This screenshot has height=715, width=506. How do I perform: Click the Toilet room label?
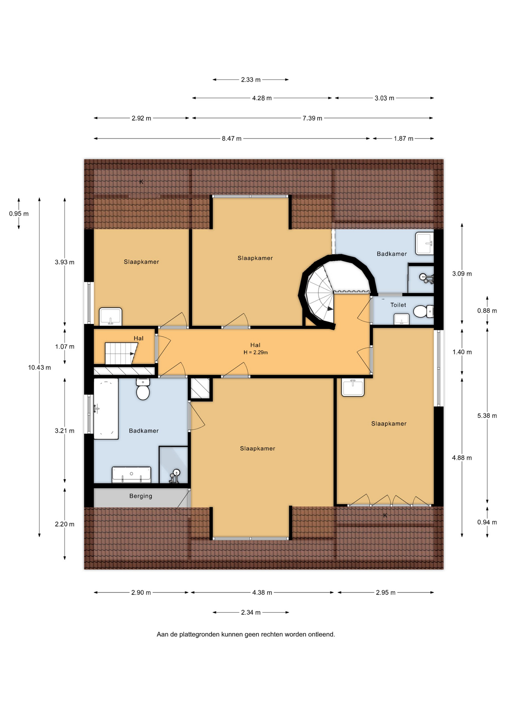point(398,305)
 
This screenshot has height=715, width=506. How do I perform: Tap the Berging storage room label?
point(141,496)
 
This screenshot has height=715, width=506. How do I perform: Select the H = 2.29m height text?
point(256,352)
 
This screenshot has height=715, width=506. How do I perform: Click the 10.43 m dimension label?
point(39,368)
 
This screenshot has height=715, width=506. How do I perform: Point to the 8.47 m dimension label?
point(232,139)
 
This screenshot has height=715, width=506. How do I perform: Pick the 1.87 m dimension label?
point(404,139)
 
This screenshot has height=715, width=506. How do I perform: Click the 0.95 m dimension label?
point(19,214)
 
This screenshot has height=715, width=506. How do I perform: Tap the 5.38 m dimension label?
point(487,416)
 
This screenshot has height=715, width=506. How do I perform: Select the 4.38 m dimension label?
point(262,592)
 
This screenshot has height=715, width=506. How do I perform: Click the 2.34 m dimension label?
point(251,612)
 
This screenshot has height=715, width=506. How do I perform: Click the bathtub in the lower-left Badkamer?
point(106,409)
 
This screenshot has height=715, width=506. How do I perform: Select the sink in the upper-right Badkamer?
point(424,243)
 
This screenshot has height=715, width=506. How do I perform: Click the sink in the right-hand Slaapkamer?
point(353,387)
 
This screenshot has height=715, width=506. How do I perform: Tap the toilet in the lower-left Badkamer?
point(143,389)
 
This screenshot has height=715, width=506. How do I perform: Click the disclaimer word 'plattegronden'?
point(199,634)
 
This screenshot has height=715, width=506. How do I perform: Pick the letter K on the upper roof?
point(141,182)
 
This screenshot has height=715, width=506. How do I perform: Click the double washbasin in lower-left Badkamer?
point(132,474)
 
